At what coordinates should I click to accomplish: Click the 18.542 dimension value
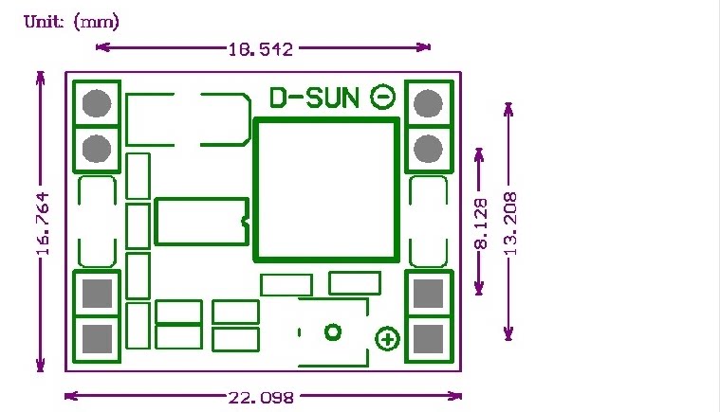(x=260, y=46)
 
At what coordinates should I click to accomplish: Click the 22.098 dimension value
(x=260, y=397)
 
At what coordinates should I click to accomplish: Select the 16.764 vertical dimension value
(x=42, y=224)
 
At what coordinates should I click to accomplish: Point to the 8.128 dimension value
(x=481, y=224)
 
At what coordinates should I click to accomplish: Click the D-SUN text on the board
(x=316, y=98)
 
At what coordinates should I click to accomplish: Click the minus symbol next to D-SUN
(x=383, y=97)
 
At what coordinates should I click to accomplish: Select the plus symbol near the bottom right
(x=388, y=339)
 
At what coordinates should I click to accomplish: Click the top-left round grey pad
(x=96, y=103)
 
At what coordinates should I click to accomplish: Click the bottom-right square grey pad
(x=429, y=338)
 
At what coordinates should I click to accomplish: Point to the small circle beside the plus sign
(x=333, y=332)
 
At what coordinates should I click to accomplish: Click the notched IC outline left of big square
(x=201, y=221)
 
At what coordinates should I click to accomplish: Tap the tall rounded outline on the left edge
(x=97, y=222)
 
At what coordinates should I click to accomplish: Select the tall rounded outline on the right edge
(x=429, y=222)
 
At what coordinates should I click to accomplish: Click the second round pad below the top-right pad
(x=429, y=148)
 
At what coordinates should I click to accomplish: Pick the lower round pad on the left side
(x=96, y=148)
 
